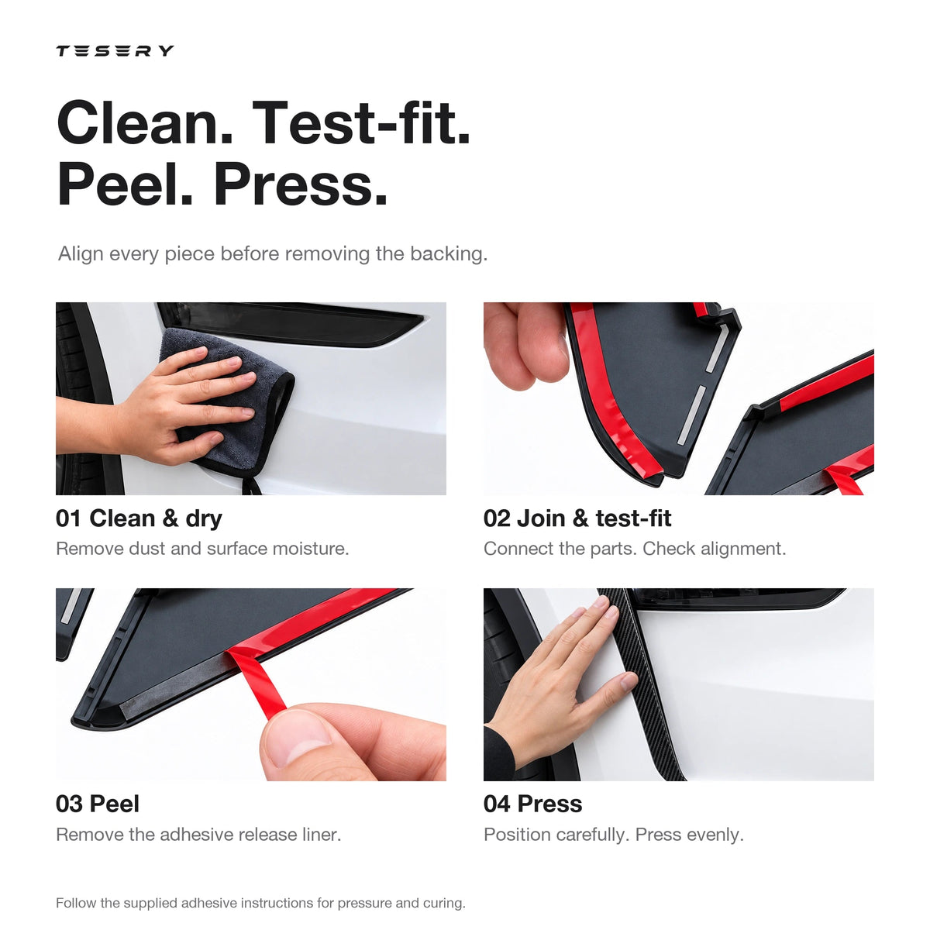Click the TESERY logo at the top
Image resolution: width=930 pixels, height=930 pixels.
pos(115,50)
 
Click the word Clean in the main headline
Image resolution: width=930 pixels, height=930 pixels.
pos(145,122)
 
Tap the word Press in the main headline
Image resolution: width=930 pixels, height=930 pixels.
pos(301,185)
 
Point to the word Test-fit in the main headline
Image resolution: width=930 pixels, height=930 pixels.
pos(361,122)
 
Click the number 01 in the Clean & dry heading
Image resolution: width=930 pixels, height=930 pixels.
pos(68,518)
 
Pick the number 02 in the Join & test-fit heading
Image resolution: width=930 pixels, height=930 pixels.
pos(497,518)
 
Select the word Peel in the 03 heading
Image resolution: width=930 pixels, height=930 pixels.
pos(115,804)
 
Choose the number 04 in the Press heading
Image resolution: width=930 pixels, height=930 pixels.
pos(497,804)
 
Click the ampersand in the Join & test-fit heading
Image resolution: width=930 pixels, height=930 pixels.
pos(580,518)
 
